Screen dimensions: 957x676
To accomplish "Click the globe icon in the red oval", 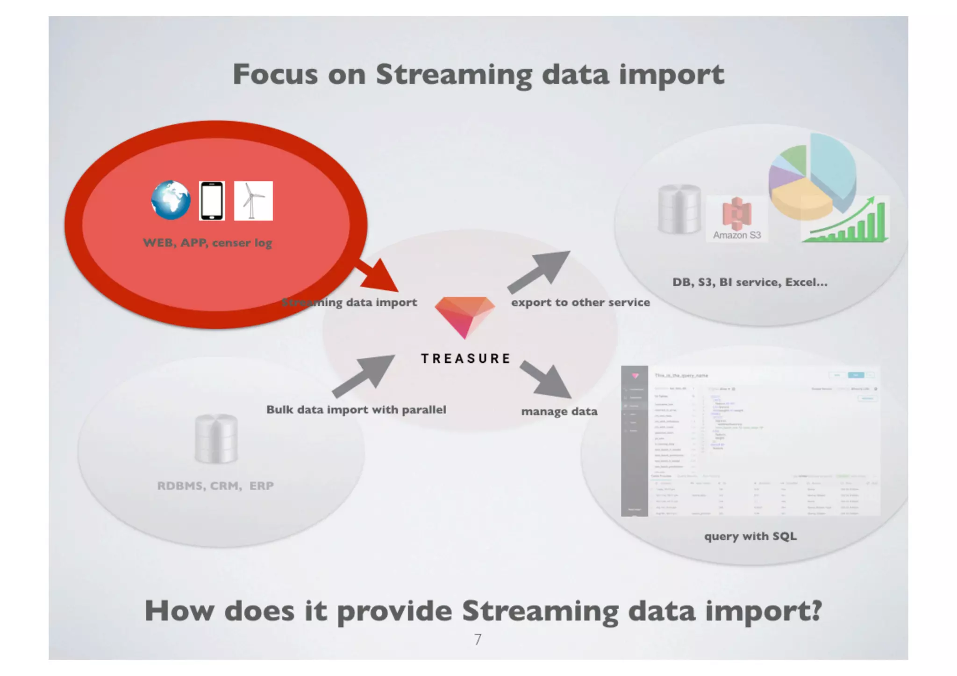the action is click(171, 200).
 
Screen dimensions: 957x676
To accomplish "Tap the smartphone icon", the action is click(212, 201).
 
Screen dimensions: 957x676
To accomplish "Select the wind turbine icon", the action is click(253, 201).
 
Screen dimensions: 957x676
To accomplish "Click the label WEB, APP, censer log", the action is click(207, 243).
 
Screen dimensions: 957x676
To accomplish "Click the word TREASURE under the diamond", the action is click(466, 359).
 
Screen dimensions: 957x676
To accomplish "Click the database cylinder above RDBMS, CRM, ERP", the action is click(216, 439).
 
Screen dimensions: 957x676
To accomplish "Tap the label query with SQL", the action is click(750, 536).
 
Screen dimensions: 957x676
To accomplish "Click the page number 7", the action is click(478, 639).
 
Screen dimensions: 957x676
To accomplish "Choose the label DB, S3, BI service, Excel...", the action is click(750, 282).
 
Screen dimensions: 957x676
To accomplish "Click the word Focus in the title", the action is click(275, 74).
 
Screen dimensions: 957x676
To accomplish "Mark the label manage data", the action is click(559, 411).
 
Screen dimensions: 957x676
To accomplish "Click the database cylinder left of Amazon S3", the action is click(679, 209).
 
